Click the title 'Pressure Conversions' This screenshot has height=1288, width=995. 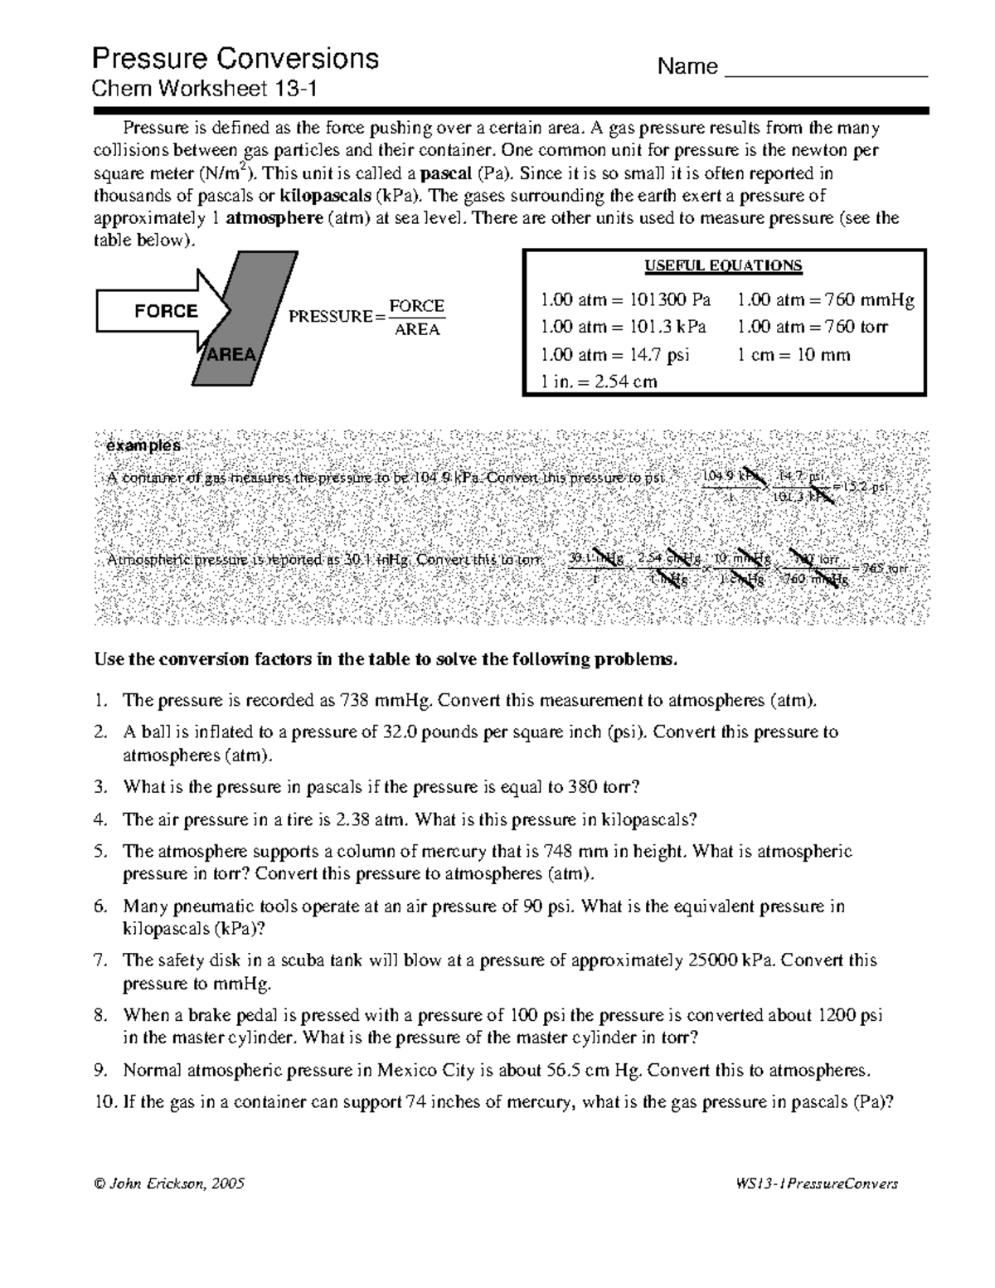[x=235, y=59]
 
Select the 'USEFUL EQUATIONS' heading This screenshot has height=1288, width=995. [x=723, y=266]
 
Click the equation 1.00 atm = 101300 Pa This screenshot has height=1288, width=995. [x=625, y=300]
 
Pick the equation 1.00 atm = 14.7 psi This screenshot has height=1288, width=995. [x=614, y=355]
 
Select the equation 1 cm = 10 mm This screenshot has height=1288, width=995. [x=794, y=355]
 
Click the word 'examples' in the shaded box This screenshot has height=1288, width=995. [x=143, y=445]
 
